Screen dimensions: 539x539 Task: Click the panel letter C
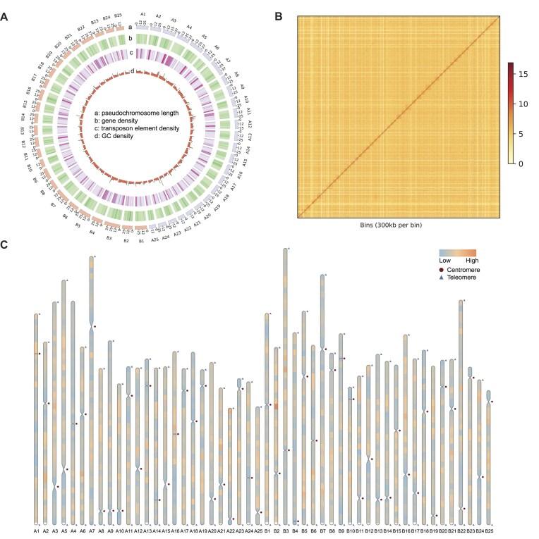[6, 244]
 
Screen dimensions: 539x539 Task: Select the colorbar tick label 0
[521, 163]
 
